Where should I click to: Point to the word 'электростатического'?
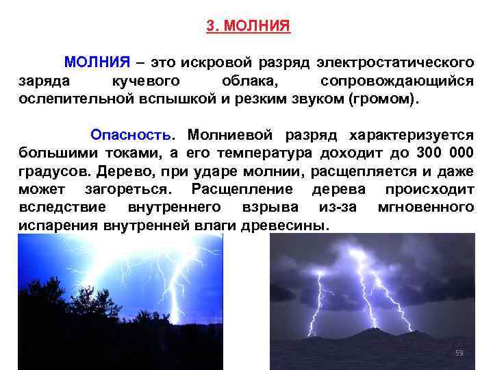(394, 62)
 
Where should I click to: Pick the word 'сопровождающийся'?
(407, 81)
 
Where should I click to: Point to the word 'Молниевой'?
(228, 134)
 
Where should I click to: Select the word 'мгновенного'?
(425, 206)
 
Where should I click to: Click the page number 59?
(459, 353)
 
